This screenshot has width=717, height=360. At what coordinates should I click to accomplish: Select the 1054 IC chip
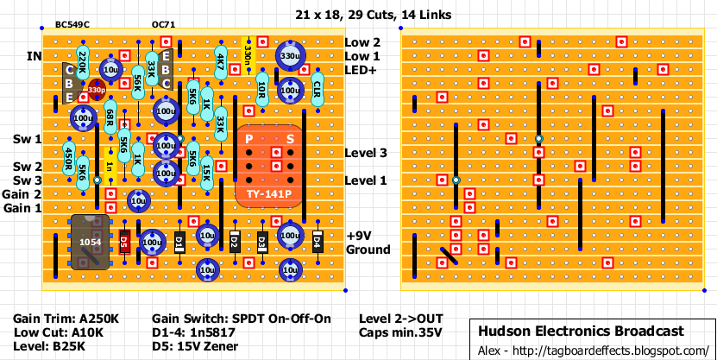click(x=89, y=242)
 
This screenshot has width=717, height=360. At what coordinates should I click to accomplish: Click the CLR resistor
click(x=317, y=89)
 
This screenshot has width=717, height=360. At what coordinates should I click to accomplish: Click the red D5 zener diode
click(x=123, y=243)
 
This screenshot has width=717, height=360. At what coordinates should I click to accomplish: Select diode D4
click(x=317, y=242)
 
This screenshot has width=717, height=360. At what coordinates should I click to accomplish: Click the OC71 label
click(x=164, y=25)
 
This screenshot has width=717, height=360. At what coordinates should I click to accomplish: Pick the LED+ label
click(x=362, y=70)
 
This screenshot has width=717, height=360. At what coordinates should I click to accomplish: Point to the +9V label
click(x=359, y=236)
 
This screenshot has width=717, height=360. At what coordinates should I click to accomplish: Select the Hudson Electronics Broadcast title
click(x=582, y=331)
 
